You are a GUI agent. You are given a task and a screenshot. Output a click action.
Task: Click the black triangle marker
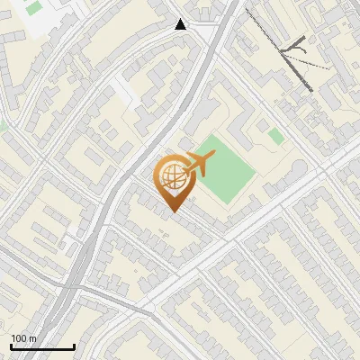(x=181, y=24)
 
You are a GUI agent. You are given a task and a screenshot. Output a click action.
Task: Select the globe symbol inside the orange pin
(x=172, y=179)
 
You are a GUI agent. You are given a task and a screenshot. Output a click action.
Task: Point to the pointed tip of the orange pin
(x=173, y=211)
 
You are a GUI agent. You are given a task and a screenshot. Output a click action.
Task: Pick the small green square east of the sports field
(x=275, y=136)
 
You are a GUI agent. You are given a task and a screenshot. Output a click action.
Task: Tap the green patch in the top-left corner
(x=34, y=8)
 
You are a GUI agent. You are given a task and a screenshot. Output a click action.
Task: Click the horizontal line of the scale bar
(x=41, y=347)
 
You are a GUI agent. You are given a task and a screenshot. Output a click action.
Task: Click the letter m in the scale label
(x=33, y=339)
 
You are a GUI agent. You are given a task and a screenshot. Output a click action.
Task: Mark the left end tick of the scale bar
(x=11, y=346)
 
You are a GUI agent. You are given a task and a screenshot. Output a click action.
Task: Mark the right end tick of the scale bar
(x=73, y=346)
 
